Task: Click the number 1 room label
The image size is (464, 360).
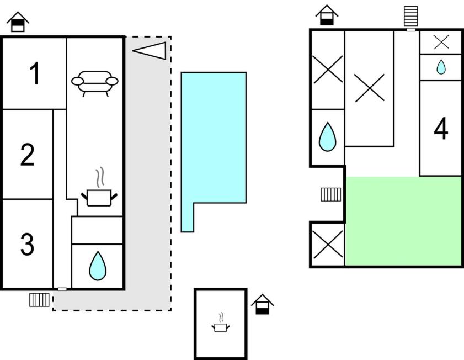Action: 34,74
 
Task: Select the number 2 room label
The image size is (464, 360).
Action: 28,155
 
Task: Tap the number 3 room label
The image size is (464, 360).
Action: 27,245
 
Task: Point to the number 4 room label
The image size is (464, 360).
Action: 440,130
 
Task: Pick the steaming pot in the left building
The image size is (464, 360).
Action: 99,192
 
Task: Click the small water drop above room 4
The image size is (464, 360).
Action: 441,67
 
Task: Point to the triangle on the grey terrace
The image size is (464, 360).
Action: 150,50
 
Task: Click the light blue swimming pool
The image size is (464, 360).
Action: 213,138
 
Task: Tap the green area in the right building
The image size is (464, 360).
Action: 403,221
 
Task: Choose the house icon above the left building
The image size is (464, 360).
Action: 18,22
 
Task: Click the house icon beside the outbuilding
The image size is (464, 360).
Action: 263,304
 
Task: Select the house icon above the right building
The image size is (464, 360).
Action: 327,15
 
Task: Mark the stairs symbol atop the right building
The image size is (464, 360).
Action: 410,16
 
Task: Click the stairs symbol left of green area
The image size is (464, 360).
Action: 330,194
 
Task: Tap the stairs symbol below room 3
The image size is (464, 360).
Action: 40,300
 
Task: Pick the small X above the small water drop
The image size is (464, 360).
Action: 441,41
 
